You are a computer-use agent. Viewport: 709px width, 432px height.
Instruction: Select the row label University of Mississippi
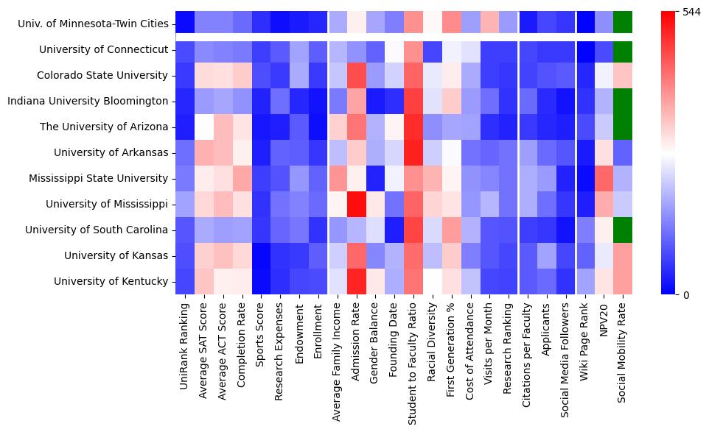106,204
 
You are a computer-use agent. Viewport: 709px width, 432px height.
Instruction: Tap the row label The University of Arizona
104,127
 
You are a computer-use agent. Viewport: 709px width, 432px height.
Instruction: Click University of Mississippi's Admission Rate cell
356,204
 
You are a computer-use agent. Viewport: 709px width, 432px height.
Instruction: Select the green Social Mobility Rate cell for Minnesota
623,24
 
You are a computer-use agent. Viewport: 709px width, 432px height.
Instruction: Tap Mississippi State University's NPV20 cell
604,178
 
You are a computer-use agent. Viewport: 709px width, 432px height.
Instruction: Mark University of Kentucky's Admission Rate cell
356,281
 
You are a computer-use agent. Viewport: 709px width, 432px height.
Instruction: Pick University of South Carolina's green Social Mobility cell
623,230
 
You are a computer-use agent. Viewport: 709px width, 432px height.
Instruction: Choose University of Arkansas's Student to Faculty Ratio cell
413,152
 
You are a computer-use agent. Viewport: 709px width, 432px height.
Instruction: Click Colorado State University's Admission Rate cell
356,75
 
